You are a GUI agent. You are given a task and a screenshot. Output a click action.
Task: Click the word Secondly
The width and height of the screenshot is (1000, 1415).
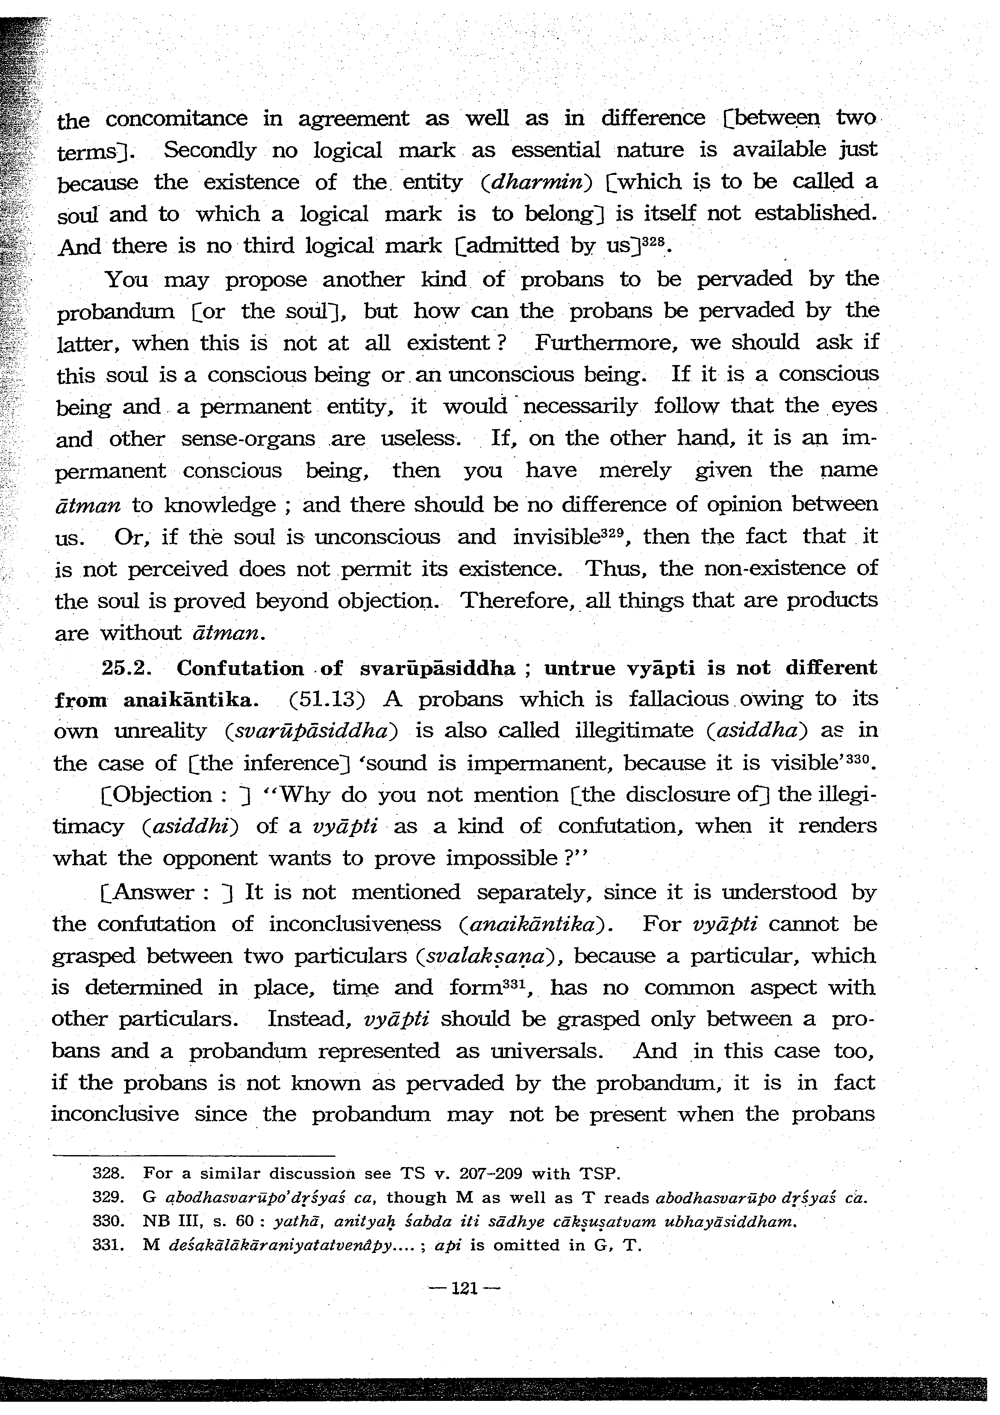click(x=209, y=150)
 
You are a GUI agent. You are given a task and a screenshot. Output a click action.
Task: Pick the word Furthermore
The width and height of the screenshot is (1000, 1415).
click(x=608, y=342)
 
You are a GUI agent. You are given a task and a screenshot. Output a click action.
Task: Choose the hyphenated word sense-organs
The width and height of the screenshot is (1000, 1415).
click(x=248, y=439)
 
